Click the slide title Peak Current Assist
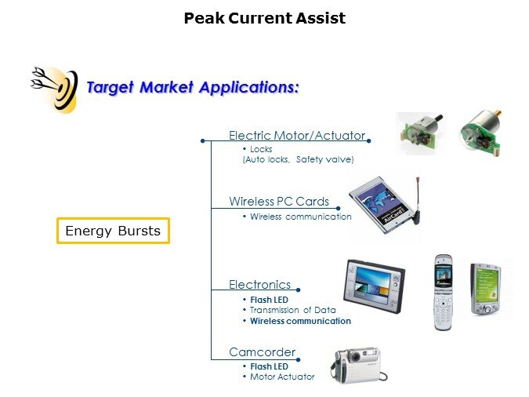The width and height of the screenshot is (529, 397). [x=265, y=18]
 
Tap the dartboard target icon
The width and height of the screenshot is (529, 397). [x=56, y=89]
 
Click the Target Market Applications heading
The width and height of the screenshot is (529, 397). [x=193, y=87]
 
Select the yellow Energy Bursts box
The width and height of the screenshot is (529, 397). [x=113, y=231]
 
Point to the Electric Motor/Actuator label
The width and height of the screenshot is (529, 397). [x=297, y=136]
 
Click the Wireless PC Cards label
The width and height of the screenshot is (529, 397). [x=279, y=202]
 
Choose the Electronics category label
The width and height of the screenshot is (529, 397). [x=259, y=285]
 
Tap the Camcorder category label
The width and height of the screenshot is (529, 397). [x=262, y=352]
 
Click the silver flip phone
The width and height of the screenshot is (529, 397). [x=443, y=293]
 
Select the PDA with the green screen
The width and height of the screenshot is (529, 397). [x=485, y=289]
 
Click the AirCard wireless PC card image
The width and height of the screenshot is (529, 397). [x=385, y=205]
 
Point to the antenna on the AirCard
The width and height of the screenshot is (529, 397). [x=418, y=200]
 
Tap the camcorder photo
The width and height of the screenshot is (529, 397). [x=359, y=366]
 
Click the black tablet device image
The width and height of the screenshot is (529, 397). [x=374, y=286]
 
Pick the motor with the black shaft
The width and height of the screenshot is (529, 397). [x=420, y=133]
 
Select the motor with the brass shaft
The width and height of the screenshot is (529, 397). [x=480, y=133]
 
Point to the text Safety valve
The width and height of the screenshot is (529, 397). [x=324, y=159]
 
